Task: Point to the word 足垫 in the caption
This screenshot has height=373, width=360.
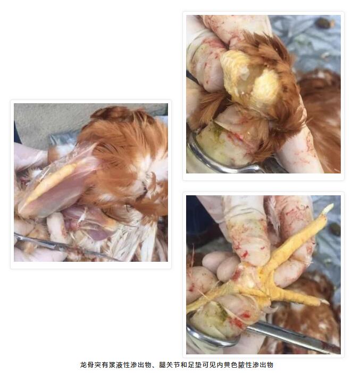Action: (x=195, y=365)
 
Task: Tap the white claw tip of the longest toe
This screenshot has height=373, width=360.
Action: (x=328, y=208)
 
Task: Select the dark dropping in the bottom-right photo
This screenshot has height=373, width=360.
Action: (x=334, y=229)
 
